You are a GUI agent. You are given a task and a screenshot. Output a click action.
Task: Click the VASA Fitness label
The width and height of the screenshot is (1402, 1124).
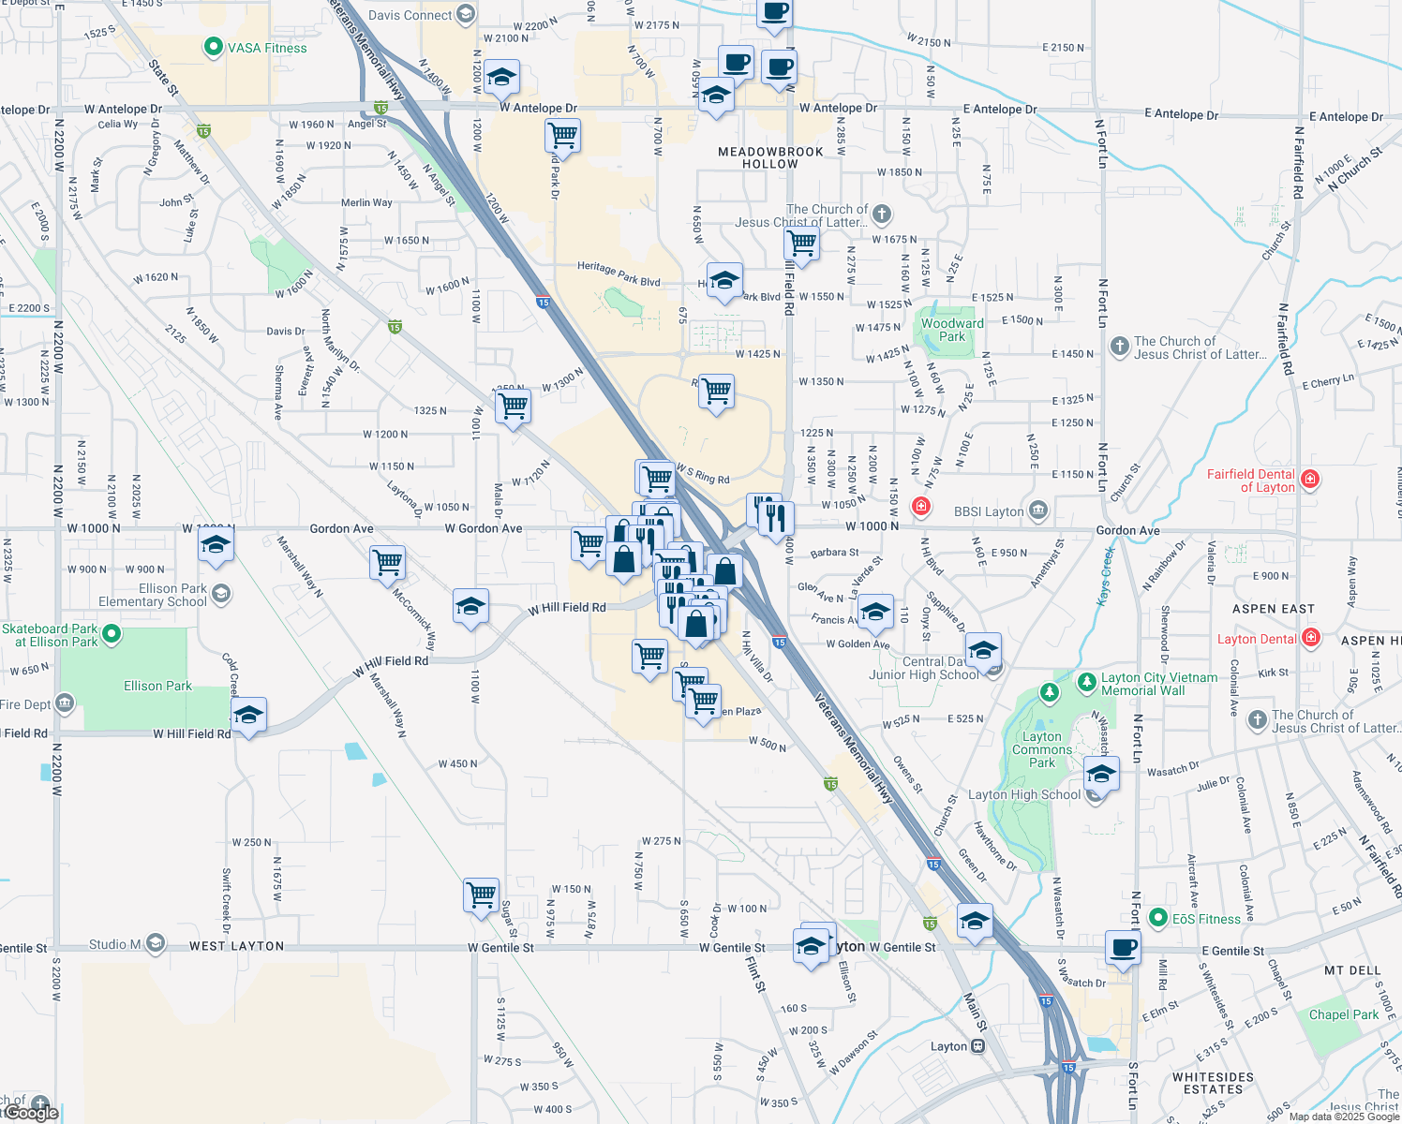click(267, 48)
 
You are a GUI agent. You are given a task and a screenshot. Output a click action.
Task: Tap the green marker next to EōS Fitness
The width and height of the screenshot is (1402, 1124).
click(1157, 918)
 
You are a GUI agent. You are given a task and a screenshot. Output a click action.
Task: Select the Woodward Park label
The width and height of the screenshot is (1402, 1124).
click(952, 330)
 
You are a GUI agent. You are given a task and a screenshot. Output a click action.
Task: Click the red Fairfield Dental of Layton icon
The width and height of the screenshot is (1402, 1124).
click(1310, 480)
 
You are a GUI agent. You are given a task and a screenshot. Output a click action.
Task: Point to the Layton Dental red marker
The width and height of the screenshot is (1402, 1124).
click(1310, 639)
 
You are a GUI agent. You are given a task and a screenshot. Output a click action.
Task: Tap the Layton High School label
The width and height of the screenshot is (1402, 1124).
click(1023, 794)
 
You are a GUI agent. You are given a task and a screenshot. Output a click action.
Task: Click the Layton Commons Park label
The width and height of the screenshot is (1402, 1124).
click(1041, 749)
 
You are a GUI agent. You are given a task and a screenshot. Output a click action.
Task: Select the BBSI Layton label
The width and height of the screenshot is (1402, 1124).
click(989, 511)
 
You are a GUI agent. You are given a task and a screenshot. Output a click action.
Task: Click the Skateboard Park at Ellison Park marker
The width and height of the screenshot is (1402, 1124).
click(112, 635)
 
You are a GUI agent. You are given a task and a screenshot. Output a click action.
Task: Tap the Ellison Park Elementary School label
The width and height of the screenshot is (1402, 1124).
click(153, 595)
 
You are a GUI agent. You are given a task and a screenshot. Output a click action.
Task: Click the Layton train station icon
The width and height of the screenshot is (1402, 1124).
click(977, 1046)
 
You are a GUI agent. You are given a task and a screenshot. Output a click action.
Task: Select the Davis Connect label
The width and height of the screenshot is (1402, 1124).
click(410, 15)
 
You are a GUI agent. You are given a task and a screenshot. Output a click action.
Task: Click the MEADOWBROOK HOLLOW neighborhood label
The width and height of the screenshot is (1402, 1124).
click(770, 157)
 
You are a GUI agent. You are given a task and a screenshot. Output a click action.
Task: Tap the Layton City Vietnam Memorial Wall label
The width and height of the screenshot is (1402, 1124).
click(1159, 684)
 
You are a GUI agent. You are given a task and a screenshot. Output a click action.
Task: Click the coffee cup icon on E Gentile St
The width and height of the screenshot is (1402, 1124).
click(1123, 947)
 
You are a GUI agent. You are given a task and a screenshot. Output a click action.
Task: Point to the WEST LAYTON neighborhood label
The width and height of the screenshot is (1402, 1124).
click(236, 946)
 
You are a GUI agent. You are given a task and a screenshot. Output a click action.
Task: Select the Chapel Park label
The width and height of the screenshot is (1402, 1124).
click(1344, 1014)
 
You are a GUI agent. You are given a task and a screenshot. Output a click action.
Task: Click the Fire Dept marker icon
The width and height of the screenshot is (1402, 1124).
click(65, 702)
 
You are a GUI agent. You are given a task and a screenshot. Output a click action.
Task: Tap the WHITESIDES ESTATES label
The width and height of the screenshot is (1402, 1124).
click(1213, 1083)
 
